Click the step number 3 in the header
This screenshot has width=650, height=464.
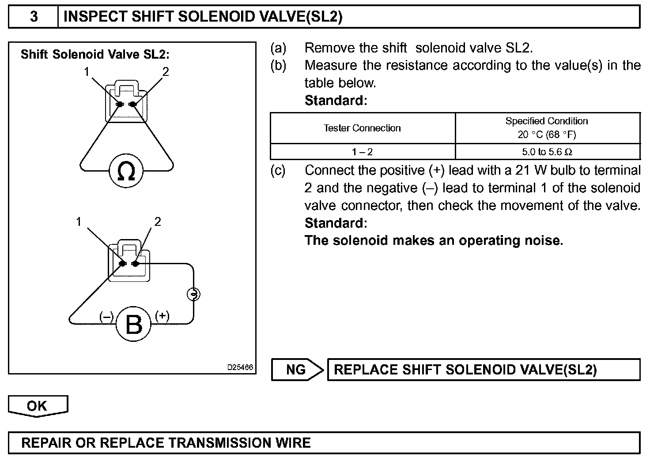point(34,17)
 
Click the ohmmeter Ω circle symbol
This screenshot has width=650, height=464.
point(126,171)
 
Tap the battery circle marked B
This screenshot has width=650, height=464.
point(133,325)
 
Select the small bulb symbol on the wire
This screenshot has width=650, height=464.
point(193,294)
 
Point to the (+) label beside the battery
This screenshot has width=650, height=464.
point(162,316)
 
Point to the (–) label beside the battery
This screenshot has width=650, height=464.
point(106,317)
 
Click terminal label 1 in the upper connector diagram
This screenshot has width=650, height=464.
point(87,71)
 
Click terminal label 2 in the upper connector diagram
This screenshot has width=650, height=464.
point(166,71)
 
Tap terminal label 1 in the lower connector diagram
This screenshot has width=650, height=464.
point(79,221)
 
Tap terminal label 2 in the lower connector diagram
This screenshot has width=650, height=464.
point(158,221)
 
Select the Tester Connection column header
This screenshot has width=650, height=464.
point(362,128)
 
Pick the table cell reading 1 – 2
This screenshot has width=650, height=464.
point(362,152)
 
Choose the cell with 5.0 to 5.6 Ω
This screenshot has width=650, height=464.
point(547,152)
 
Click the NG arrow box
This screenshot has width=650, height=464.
point(296,370)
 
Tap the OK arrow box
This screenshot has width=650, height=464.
point(38,406)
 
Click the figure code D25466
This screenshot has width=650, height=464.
point(240,367)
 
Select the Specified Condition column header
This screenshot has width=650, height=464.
point(547,127)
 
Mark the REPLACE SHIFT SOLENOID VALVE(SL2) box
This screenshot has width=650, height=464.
point(484,370)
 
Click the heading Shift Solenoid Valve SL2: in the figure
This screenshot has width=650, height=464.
point(95,54)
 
